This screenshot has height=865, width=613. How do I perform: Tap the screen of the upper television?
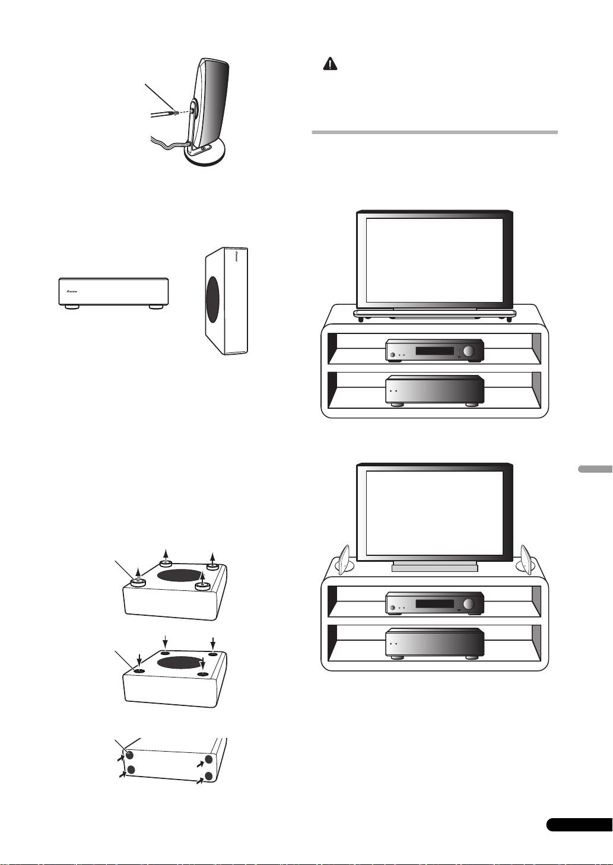[434, 259]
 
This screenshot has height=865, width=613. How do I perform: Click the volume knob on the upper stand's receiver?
[469, 352]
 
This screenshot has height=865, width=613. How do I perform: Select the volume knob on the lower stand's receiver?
[469, 605]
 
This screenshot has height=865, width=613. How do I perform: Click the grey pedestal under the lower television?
[435, 567]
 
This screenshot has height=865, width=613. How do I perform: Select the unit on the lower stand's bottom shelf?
[435, 643]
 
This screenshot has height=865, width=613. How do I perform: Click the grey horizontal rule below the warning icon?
[435, 132]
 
